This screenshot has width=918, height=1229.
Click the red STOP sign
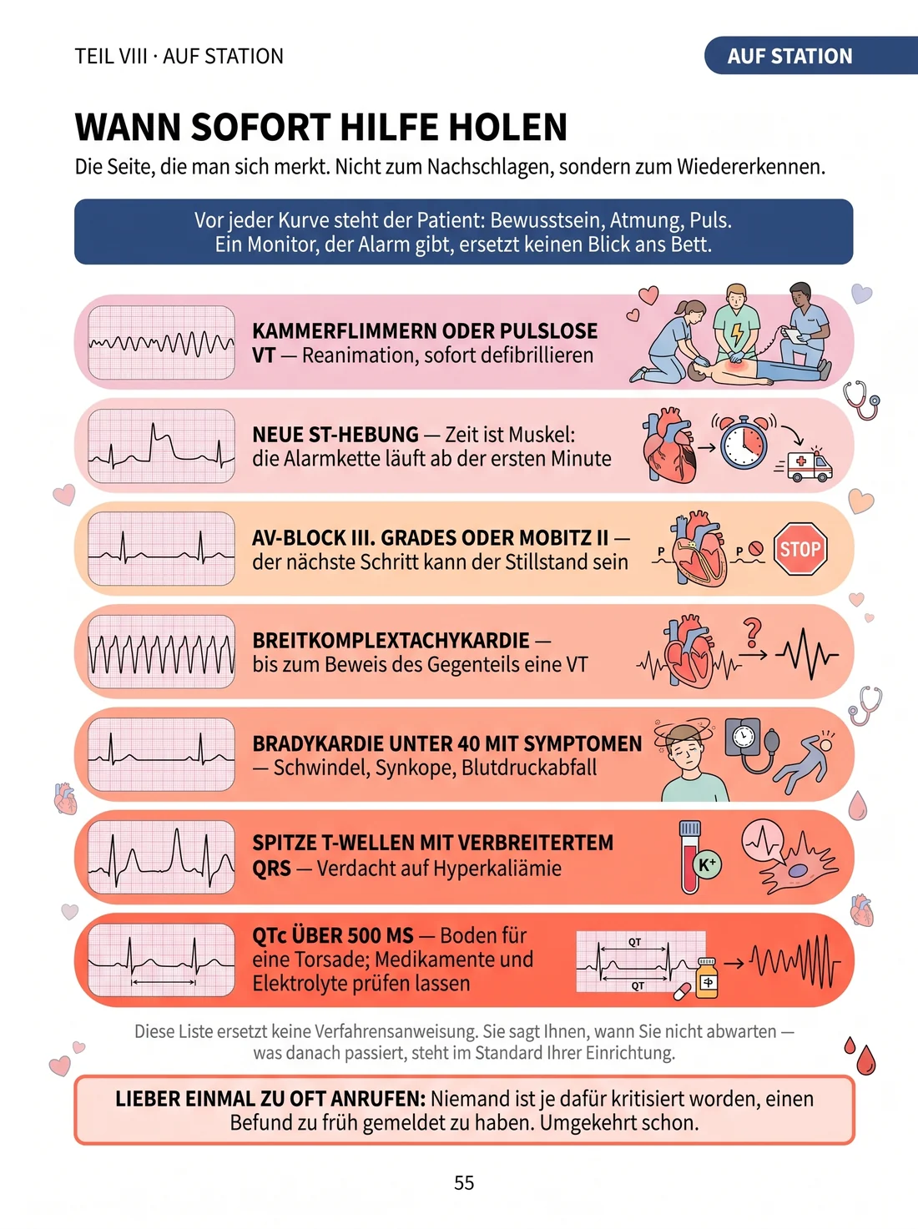click(799, 549)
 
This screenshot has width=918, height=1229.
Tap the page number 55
click(464, 1182)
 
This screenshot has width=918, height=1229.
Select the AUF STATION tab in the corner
click(810, 56)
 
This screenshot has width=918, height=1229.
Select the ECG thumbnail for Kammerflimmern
click(161, 343)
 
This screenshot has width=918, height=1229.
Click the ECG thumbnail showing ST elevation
click(161, 446)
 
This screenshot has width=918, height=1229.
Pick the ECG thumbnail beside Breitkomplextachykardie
click(161, 652)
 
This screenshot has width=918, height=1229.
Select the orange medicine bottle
click(707, 978)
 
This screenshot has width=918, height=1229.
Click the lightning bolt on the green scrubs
click(737, 335)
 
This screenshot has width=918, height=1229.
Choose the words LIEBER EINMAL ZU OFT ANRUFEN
click(270, 1099)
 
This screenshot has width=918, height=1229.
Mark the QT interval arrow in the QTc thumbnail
click(164, 982)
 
